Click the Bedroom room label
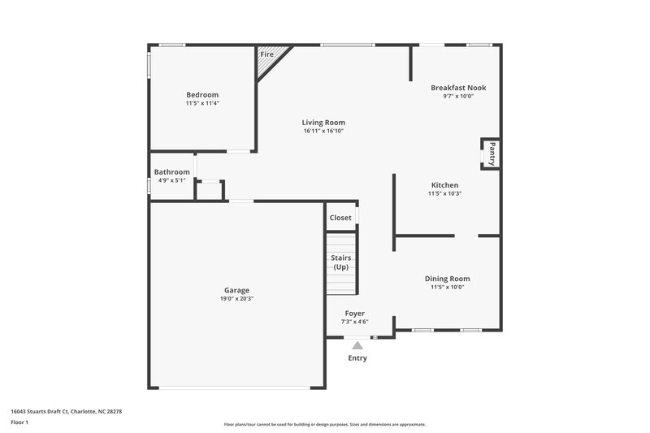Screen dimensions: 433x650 click(202, 95)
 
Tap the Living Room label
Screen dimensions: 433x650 click(324, 122)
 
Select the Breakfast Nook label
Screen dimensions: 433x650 click(458, 88)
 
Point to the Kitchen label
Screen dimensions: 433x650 click(444, 185)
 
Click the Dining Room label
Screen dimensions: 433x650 click(448, 279)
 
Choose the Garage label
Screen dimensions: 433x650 click(237, 290)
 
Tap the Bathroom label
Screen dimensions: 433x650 click(172, 172)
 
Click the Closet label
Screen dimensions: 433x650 click(340, 218)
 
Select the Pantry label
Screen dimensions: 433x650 click(492, 152)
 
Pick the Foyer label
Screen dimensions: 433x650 click(355, 314)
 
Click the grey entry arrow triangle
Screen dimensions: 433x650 click(357, 345)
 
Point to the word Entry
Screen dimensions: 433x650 click(357, 358)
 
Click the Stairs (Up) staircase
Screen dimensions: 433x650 click(341, 263)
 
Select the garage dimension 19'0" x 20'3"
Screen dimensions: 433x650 click(237, 299)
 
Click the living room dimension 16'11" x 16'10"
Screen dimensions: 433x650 click(324, 131)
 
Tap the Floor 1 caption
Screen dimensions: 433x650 click(19, 423)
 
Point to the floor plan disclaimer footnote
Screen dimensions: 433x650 click(325, 424)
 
